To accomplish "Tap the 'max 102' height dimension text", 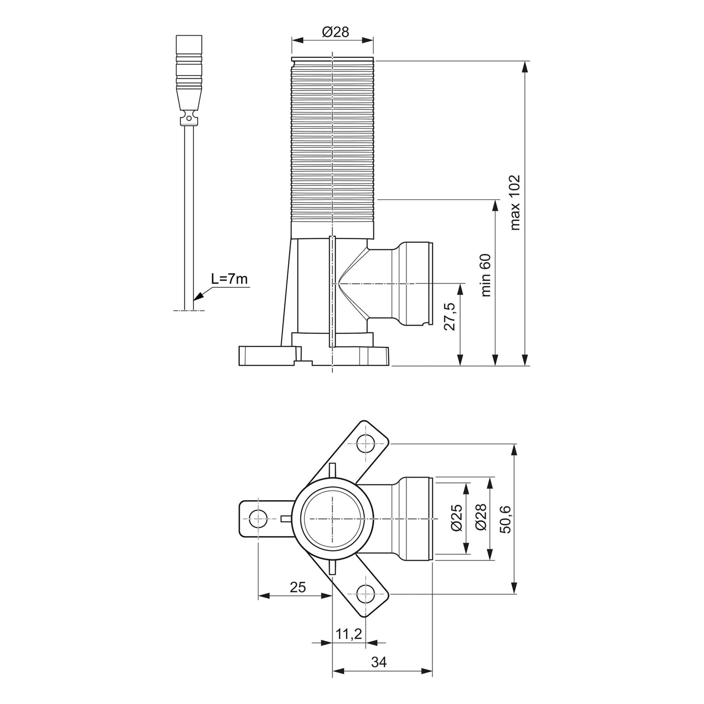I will tap(515, 202).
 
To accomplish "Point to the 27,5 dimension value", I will tap(450, 317).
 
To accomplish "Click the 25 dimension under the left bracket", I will tap(298, 587).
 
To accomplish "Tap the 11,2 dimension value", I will tap(349, 634).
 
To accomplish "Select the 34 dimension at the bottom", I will tap(379, 662).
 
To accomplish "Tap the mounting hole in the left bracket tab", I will tap(258, 519).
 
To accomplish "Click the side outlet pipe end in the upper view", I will tap(429, 283).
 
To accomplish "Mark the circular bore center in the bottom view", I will tap(332, 519).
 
